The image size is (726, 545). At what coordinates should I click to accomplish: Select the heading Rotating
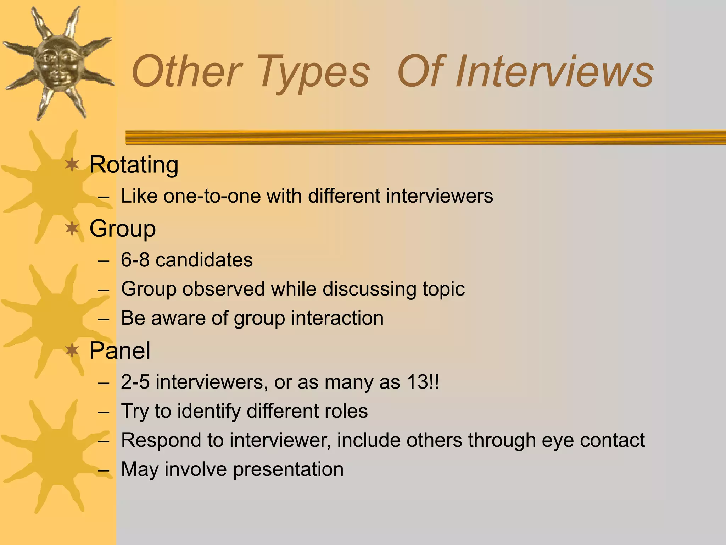pyautogui.click(x=134, y=165)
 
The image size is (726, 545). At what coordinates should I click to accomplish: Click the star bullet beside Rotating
pyautogui.click(x=72, y=165)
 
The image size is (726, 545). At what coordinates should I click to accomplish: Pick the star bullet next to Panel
pyautogui.click(x=72, y=351)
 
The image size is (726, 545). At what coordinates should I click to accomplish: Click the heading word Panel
pyautogui.click(x=120, y=351)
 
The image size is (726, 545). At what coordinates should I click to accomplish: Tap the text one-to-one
pyautogui.click(x=212, y=196)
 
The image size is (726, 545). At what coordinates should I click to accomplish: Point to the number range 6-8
pyautogui.click(x=135, y=260)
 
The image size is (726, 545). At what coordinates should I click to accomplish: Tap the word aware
pyautogui.click(x=179, y=318)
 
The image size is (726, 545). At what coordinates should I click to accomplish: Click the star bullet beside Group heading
pyautogui.click(x=72, y=229)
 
